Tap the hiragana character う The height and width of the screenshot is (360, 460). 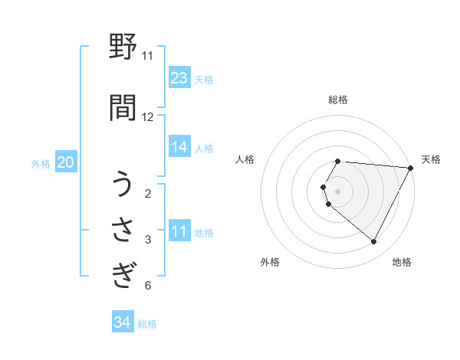[123, 186]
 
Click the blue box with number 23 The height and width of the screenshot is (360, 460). [179, 78]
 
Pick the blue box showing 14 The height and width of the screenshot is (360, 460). [179, 147]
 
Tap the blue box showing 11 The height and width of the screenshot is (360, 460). [179, 231]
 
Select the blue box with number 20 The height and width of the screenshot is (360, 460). [66, 162]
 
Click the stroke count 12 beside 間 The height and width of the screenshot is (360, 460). [148, 117]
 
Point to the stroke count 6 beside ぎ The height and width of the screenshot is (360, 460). [148, 286]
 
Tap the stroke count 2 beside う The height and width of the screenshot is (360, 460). [148, 194]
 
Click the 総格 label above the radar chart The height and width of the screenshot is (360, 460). [338, 100]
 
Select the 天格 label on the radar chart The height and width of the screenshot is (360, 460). [432, 159]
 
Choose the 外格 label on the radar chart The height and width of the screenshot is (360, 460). [270, 262]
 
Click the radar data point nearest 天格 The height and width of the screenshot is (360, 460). [410, 168]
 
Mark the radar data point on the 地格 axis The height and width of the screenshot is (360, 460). [374, 241]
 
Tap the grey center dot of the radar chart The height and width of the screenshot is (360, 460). [338, 191]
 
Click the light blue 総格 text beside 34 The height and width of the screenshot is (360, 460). [147, 323]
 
